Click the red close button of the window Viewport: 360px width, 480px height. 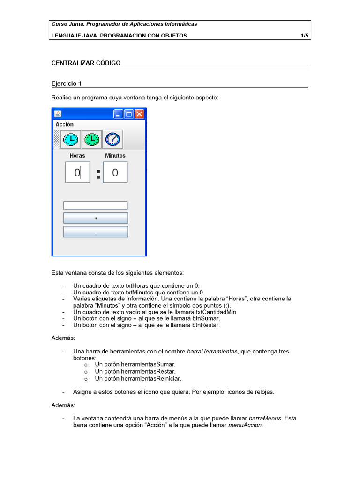[139, 114]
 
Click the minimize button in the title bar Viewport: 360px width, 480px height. [118, 114]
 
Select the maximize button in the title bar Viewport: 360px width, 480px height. [128, 114]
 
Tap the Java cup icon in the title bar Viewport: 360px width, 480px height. [58, 114]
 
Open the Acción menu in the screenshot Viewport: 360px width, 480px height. [64, 124]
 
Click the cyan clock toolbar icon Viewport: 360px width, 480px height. [71, 139]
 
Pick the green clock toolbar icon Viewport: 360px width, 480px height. [91, 139]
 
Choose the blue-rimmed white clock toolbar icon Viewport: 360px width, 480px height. [112, 139]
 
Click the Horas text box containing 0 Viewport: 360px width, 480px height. [77, 172]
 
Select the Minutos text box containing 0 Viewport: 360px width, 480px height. [115, 172]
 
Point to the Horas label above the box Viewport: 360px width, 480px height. [77, 156]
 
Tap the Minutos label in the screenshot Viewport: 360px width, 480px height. [115, 156]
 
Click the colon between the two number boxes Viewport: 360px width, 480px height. [98, 174]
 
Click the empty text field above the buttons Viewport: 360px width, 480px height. [95, 205]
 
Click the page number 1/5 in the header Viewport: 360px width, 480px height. [304, 36]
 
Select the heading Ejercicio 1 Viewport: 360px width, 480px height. [66, 83]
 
